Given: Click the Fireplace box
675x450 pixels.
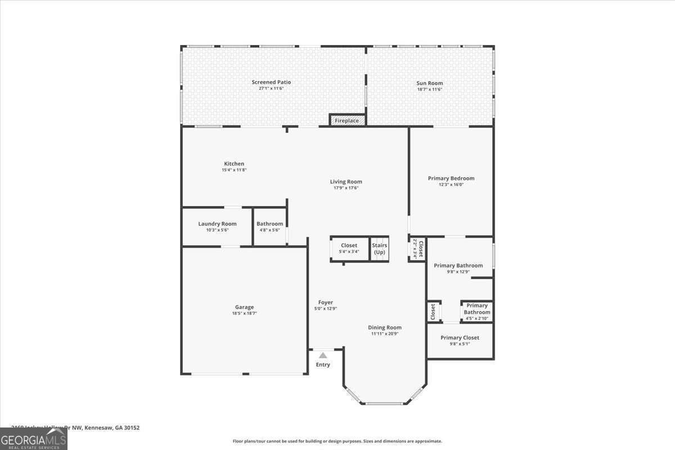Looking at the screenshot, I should (347, 120).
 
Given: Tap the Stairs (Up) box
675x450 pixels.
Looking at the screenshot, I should (380, 249).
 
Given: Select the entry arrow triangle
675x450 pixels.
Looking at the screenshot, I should (323, 355).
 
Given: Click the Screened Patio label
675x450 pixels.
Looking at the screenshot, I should (271, 82).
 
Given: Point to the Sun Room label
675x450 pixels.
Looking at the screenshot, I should (430, 83).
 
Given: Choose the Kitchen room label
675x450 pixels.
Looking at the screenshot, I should (234, 164).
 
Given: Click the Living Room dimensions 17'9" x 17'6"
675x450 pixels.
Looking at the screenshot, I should (346, 188).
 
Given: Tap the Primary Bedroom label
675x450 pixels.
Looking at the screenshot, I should (451, 178).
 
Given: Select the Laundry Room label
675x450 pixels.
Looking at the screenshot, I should (217, 224).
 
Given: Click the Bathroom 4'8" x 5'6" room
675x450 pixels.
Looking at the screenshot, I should (270, 227).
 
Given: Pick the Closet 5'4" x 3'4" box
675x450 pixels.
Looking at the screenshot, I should (349, 248).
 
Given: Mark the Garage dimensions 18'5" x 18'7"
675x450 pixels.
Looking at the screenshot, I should (244, 313).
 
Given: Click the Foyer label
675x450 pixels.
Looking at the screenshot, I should (326, 303).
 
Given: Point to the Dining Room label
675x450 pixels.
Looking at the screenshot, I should (385, 327).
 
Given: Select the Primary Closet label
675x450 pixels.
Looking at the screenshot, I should (460, 337).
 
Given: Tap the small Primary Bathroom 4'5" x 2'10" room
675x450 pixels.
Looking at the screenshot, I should (477, 311).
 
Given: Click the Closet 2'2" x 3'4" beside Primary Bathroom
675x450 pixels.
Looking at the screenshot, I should (417, 248).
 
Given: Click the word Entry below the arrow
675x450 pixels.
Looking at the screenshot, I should (323, 364).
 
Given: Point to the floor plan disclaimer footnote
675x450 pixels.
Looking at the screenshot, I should (337, 442).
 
